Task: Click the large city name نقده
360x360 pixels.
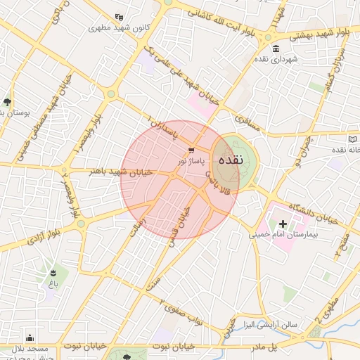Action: pos(230,160)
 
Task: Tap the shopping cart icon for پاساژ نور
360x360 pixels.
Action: pos(191,149)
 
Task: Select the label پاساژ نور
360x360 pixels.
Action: pos(191,160)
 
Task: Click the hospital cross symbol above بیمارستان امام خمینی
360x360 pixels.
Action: pos(283,223)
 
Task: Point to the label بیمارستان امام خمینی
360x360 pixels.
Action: pos(282,234)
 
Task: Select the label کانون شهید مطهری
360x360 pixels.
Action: pos(116,29)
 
